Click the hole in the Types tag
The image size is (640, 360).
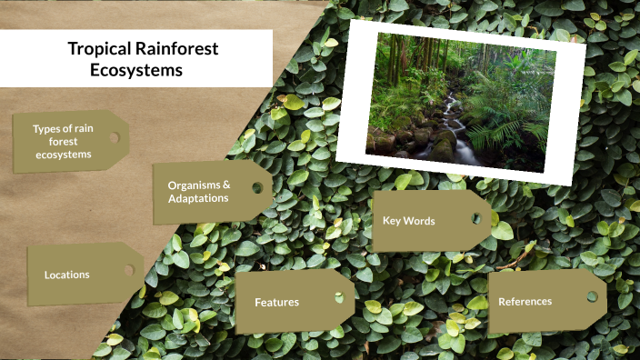114,138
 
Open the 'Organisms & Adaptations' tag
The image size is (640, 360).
198,191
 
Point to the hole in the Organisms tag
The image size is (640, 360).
257,188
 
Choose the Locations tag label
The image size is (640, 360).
67,274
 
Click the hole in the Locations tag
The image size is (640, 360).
129,270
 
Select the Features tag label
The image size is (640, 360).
276,302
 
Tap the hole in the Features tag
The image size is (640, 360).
339,296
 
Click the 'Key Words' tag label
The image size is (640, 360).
408,221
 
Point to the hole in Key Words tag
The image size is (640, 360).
475,218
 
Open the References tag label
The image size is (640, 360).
525,301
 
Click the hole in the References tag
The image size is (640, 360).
592,296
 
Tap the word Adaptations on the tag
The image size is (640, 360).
198,198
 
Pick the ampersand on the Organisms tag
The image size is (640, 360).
225,185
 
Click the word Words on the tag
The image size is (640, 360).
420,221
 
